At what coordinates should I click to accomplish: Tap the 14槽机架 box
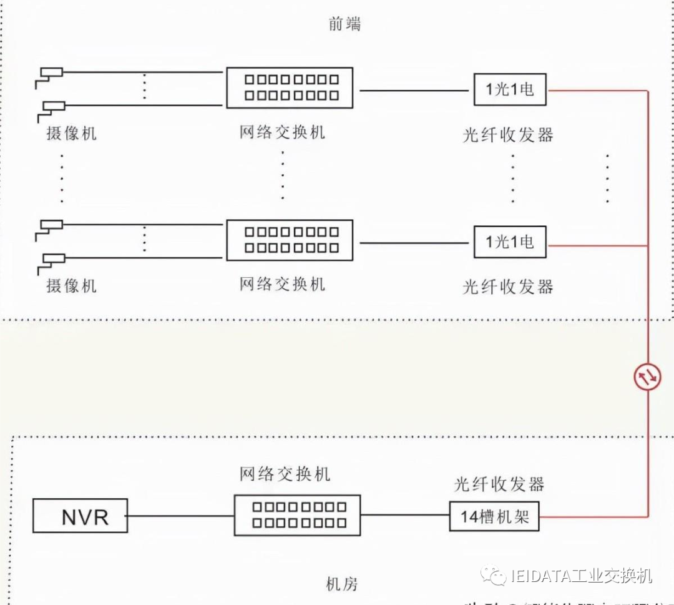click(x=494, y=516)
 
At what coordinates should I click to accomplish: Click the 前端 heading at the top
click(x=344, y=24)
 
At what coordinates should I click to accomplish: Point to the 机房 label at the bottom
click(x=342, y=584)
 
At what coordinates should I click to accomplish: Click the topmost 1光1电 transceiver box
click(x=510, y=89)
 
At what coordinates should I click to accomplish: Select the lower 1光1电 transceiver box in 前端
click(x=510, y=242)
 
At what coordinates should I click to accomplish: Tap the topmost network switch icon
click(x=290, y=87)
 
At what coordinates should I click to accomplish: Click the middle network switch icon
click(x=290, y=240)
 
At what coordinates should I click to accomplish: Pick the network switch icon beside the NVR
click(x=298, y=516)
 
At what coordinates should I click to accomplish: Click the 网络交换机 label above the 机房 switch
click(x=285, y=474)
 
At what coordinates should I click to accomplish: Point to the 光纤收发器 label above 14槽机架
click(x=499, y=484)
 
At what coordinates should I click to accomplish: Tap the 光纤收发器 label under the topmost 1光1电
click(x=508, y=134)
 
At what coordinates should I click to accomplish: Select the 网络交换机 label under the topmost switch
click(x=282, y=132)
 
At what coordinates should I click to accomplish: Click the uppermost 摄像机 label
click(x=72, y=133)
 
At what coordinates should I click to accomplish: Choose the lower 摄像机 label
click(x=72, y=286)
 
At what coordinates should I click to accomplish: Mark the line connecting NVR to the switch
click(x=180, y=516)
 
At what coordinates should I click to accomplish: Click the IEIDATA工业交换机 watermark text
click(x=580, y=575)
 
